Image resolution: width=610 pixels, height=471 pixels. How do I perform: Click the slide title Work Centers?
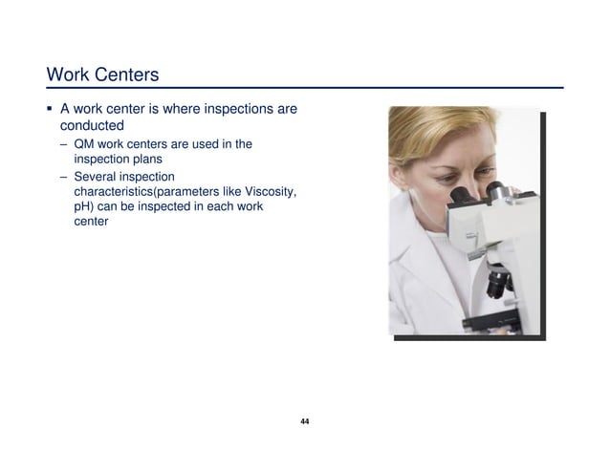tap(102, 74)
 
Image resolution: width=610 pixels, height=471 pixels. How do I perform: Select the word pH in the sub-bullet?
tap(82, 206)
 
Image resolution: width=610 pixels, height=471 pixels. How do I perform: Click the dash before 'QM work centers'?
tap(63, 144)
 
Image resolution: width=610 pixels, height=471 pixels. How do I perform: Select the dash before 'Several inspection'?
tap(63, 177)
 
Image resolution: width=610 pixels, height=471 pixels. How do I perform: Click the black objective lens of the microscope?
tap(497, 283)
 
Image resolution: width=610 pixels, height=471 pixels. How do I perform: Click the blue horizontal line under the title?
tap(305, 89)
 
